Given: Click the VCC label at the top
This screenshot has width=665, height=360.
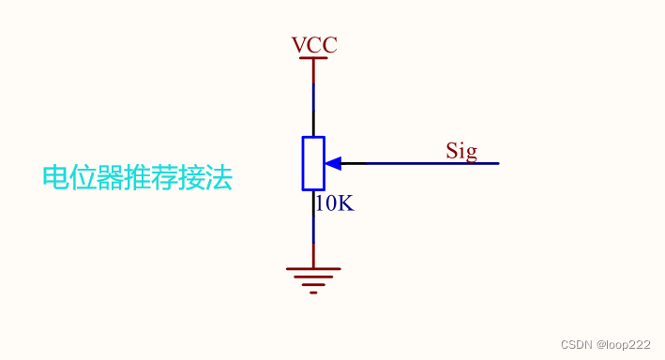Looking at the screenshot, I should (313, 45).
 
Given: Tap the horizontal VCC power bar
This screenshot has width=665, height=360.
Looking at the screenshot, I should (313, 58).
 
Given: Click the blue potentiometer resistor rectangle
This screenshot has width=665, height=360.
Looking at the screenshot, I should (313, 163).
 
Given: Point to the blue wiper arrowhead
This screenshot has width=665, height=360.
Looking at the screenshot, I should (332, 163).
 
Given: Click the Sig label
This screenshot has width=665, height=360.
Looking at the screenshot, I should (461, 151).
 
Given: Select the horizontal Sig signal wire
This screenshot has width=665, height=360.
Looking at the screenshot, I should (422, 163).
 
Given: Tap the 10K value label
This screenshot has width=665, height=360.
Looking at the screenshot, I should (334, 202).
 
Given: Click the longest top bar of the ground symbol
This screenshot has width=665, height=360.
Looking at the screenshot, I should (313, 268).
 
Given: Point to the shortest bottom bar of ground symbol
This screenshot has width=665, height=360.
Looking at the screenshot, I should (313, 292).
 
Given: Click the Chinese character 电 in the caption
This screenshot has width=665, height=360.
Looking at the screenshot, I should (55, 178).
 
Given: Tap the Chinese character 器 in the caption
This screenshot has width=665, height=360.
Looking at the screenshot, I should (110, 178).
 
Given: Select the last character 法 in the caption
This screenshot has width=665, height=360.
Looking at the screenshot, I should (219, 178).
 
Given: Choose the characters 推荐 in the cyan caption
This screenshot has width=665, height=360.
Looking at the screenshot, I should (151, 178).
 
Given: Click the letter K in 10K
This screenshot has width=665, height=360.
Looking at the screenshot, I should (345, 202).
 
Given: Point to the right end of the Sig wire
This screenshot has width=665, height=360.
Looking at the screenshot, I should (497, 163).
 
